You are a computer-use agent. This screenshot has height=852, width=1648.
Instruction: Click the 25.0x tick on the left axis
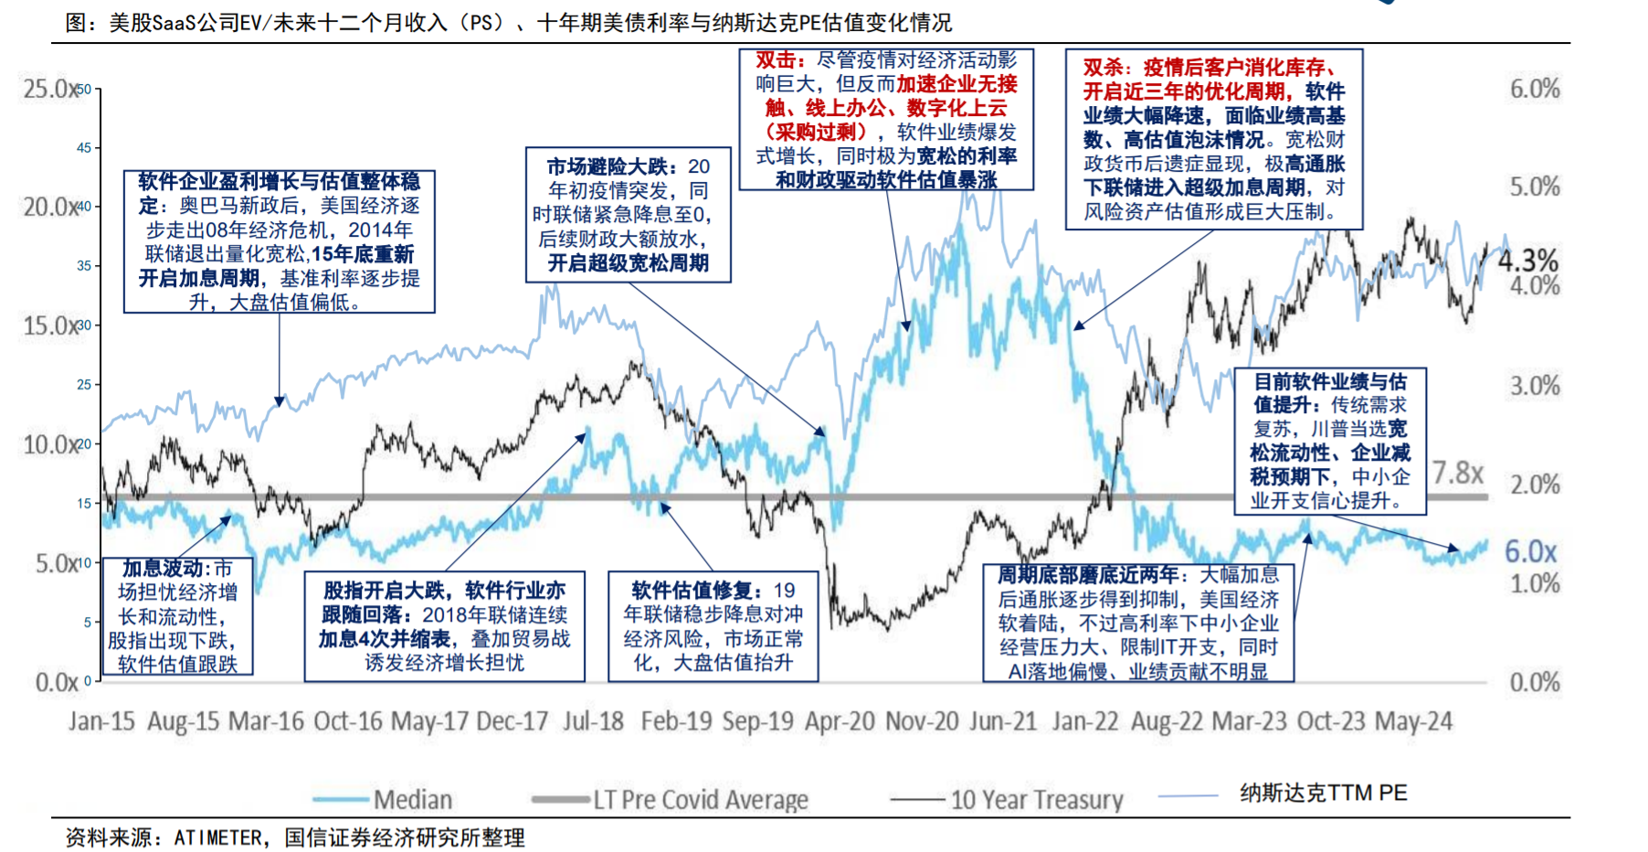(49, 89)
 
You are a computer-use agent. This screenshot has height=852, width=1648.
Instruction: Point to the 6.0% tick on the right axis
(1535, 89)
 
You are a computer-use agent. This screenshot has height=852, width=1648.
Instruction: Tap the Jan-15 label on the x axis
(101, 721)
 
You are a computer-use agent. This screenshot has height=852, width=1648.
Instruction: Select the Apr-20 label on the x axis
(840, 721)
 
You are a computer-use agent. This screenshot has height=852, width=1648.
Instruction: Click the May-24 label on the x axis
(1413, 721)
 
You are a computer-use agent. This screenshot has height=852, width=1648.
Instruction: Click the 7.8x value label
(1458, 473)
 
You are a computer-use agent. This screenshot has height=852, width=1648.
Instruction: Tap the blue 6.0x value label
(1530, 551)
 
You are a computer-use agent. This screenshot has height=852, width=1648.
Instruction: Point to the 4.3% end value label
(1528, 261)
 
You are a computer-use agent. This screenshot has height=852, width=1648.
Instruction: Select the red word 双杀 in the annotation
(1103, 68)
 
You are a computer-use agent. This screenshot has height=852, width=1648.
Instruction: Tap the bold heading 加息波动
(163, 569)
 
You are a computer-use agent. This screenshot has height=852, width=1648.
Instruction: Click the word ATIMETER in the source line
(217, 837)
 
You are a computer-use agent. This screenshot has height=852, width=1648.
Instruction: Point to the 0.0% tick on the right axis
(1535, 682)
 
